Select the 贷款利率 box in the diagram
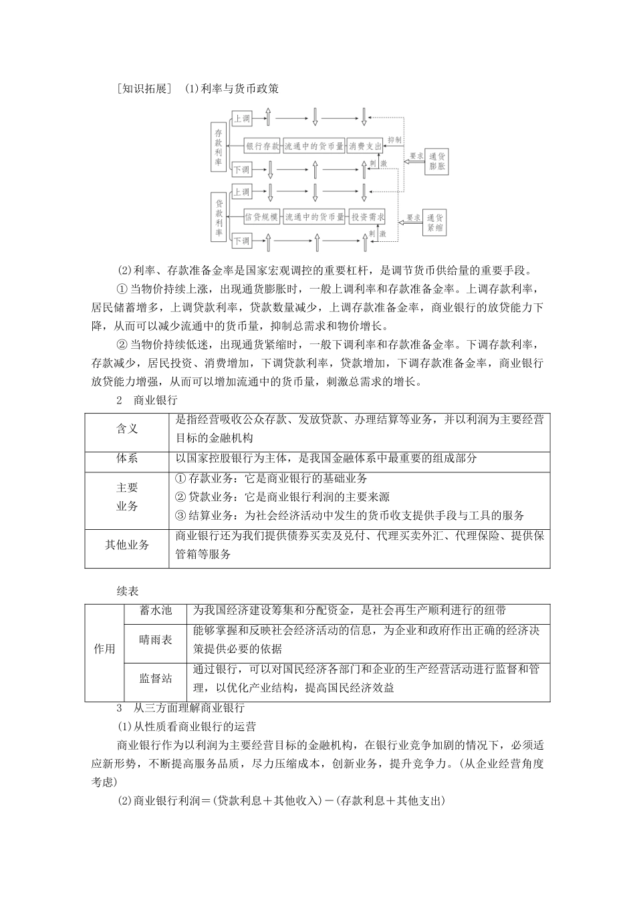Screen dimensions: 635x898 click(x=219, y=216)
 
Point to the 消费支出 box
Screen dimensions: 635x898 click(x=365, y=145)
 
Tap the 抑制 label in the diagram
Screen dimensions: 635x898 click(x=394, y=140)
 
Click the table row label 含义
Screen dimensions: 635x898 click(x=127, y=428)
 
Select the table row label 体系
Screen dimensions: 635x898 click(x=127, y=458)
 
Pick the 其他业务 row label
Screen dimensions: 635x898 click(x=127, y=545)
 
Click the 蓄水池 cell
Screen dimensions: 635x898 click(x=156, y=610)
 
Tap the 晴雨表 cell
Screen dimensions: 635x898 click(x=156, y=639)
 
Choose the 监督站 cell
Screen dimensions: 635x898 click(x=156, y=678)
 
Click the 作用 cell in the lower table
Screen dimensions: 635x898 click(x=104, y=649)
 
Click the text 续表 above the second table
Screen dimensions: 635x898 click(x=127, y=591)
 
